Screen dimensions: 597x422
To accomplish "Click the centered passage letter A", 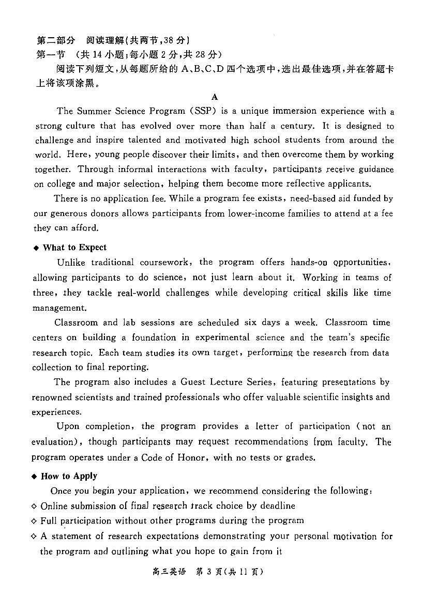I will pos(215,97).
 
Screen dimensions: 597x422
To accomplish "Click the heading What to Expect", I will pos(74,248).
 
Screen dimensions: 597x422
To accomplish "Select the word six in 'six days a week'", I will pos(251,322).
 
